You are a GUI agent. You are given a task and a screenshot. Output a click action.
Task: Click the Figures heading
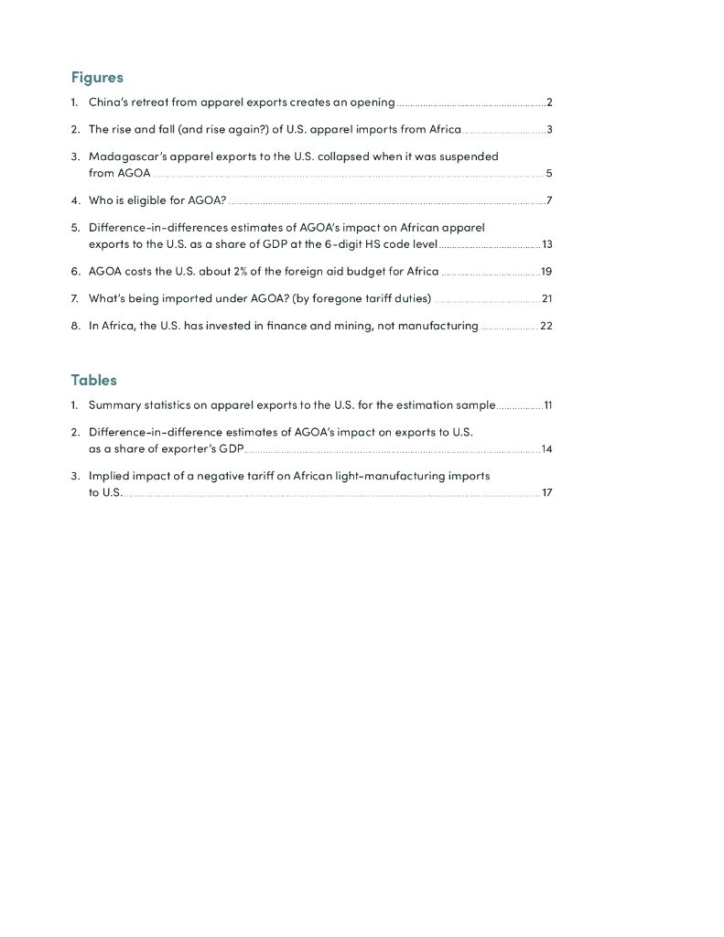click(x=97, y=78)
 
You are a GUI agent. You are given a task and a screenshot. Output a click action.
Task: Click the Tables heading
click(x=93, y=380)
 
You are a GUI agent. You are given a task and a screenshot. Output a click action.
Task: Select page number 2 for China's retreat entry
click(x=549, y=102)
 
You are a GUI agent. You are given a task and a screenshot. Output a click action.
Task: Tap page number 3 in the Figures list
click(x=549, y=129)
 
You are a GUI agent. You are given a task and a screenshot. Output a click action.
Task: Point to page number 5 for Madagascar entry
click(x=548, y=173)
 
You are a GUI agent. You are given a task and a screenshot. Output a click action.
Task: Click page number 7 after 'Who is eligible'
click(x=548, y=200)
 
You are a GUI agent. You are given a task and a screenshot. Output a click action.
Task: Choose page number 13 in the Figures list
click(x=547, y=244)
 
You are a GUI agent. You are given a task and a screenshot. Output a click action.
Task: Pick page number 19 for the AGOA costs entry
click(x=546, y=272)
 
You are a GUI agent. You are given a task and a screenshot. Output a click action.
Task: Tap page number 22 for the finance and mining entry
click(x=546, y=326)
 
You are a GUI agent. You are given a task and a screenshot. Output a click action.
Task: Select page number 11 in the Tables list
click(x=547, y=404)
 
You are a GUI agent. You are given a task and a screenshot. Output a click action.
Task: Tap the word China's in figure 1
click(x=110, y=102)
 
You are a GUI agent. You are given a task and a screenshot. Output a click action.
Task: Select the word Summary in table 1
click(x=113, y=404)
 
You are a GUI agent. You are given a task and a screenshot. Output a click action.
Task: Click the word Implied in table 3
click(x=108, y=476)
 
